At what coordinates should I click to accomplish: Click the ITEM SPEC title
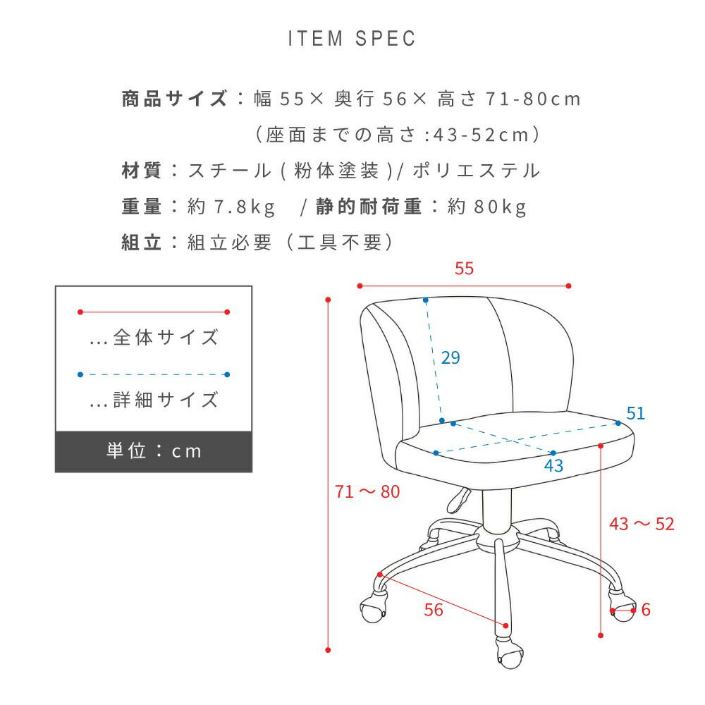[x=352, y=39]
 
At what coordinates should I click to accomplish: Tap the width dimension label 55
[x=464, y=269]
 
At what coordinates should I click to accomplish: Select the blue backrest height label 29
[x=450, y=357]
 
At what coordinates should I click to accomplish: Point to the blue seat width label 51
[x=635, y=413]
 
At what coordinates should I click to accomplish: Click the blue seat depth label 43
[x=553, y=466]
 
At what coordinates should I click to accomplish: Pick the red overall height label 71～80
[x=367, y=491]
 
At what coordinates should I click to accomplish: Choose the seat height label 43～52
[x=642, y=524]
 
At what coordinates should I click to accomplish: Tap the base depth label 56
[x=434, y=610]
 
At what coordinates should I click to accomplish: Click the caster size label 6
[x=646, y=610]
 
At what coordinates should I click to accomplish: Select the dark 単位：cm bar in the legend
[x=154, y=451]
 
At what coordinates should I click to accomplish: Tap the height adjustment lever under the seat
[x=459, y=500]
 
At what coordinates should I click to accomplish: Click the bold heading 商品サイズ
[x=174, y=99]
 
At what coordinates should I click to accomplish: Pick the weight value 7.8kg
[x=244, y=207]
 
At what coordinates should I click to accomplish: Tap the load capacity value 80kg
[x=500, y=207]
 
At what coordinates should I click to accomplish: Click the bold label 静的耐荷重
[x=369, y=207]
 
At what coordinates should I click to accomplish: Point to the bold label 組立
[x=141, y=243]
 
